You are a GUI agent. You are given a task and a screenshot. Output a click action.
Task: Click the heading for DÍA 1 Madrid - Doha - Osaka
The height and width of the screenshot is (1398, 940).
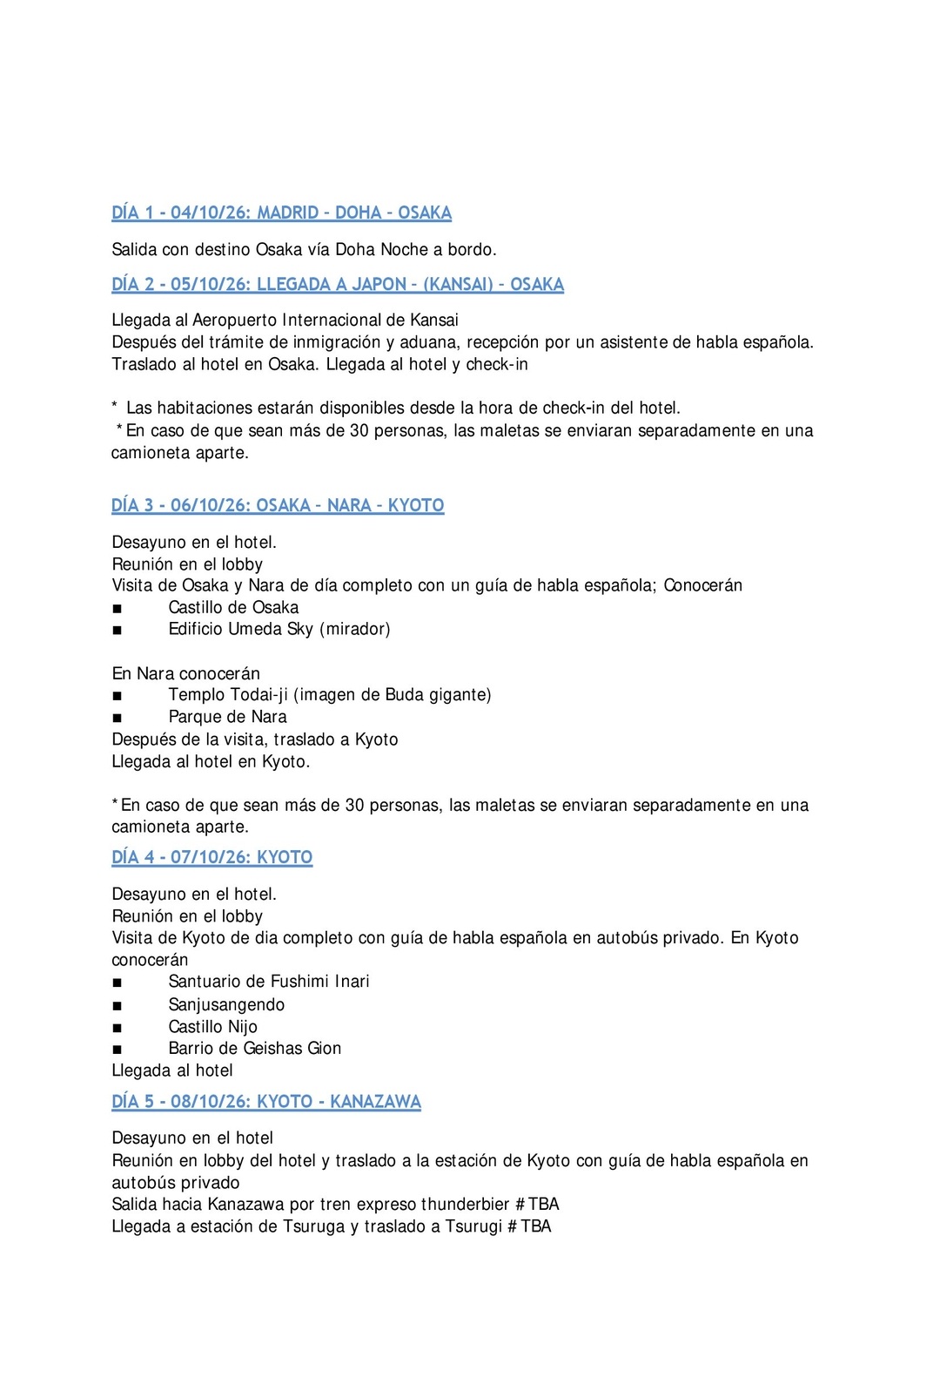(281, 213)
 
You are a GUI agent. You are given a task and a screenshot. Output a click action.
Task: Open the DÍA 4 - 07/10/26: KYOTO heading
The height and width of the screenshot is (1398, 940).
(211, 857)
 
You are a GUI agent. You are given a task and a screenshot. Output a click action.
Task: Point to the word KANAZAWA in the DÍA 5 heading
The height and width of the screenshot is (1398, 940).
(375, 1101)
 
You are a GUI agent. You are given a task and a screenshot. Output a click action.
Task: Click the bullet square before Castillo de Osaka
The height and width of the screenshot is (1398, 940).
(117, 608)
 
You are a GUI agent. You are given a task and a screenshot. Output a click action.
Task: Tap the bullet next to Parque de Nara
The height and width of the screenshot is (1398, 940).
(117, 718)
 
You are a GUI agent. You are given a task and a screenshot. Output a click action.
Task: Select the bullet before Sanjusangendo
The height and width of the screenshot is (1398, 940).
(117, 1005)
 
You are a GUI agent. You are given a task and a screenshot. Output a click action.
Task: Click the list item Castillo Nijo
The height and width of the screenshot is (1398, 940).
(212, 1027)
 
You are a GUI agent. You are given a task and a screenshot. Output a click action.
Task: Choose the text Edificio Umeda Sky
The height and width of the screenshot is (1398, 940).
(241, 629)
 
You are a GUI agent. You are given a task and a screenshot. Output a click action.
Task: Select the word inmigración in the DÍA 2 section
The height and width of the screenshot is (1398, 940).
(334, 342)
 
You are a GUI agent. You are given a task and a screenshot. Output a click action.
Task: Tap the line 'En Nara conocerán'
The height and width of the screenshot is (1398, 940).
(185, 673)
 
